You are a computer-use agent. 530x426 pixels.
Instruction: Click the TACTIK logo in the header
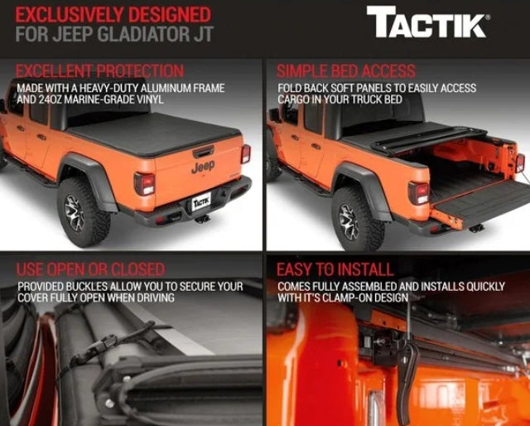429,22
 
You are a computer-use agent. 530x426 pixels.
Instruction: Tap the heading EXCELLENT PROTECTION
99,71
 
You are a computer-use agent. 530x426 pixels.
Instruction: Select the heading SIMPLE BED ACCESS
346,71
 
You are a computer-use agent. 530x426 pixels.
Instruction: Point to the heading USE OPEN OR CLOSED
90,269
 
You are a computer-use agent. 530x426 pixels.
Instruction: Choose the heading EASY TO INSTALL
335,269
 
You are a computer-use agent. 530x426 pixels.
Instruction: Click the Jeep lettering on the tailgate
203,167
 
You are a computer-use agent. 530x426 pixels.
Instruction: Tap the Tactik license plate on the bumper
201,202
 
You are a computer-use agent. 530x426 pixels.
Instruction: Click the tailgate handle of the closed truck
203,152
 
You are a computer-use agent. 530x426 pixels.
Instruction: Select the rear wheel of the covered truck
83,211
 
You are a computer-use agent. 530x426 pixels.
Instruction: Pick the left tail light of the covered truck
144,184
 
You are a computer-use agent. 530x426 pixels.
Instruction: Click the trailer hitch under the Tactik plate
202,219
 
